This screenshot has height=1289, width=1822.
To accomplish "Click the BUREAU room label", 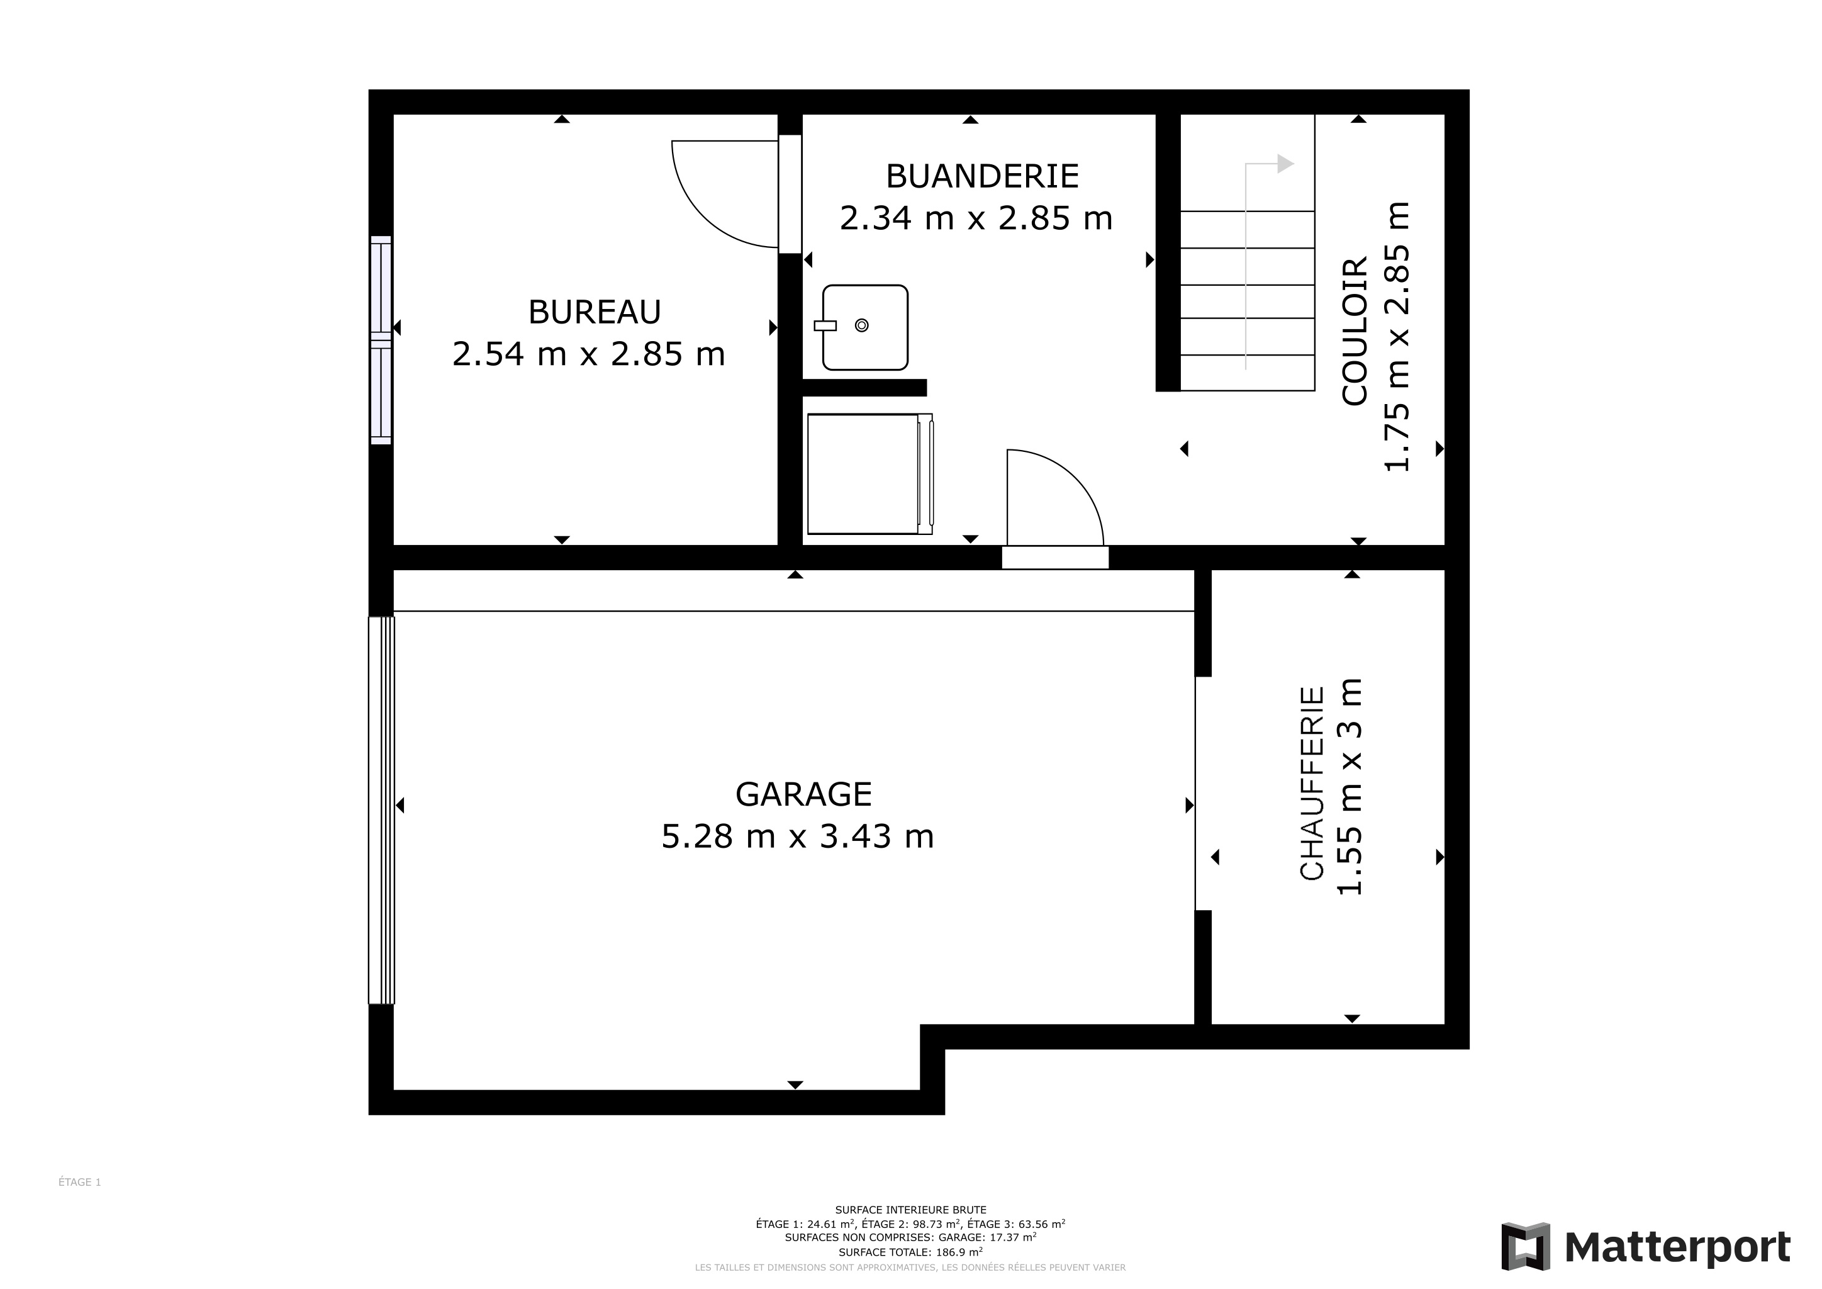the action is point(595,312).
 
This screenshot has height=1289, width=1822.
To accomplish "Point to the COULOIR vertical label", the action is point(1355,330).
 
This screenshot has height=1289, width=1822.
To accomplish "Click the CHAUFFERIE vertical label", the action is point(1312,784).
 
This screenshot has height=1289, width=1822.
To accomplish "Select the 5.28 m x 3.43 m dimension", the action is point(798,836).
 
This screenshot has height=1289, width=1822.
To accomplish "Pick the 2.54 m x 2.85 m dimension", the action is point(589,354).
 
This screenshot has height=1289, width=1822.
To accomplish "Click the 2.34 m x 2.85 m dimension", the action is point(976,218).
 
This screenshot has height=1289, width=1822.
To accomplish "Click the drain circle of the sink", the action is point(862,325).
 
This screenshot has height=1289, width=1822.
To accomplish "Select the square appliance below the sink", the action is point(869,474).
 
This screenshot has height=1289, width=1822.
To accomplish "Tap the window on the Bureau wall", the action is point(381,340).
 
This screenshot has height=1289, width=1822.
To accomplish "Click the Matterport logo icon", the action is point(1525,1247).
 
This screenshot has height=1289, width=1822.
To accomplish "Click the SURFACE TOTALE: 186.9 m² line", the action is point(910,1252).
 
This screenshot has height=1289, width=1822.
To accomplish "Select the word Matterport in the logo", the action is point(1677,1247).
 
